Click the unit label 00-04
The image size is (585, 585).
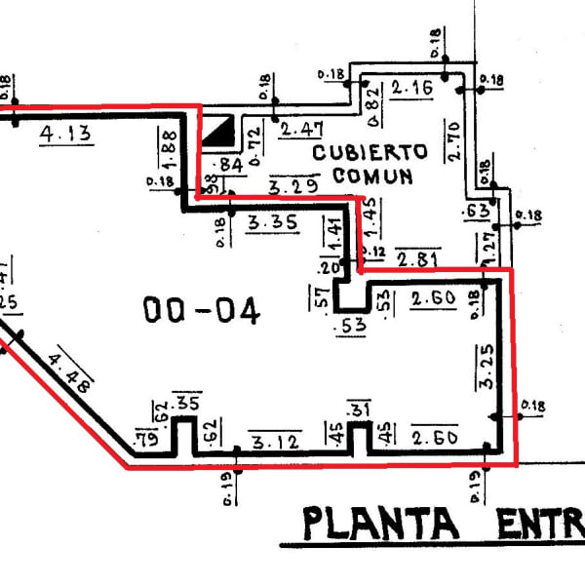click(x=202, y=311)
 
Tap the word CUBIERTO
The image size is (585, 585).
click(x=371, y=153)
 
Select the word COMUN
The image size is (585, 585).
click(x=372, y=176)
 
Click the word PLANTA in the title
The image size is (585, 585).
click(x=380, y=524)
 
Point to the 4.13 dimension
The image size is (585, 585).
click(x=66, y=135)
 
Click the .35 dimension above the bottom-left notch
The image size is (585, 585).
click(x=186, y=403)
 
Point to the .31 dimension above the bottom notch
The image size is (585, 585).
click(x=360, y=409)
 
